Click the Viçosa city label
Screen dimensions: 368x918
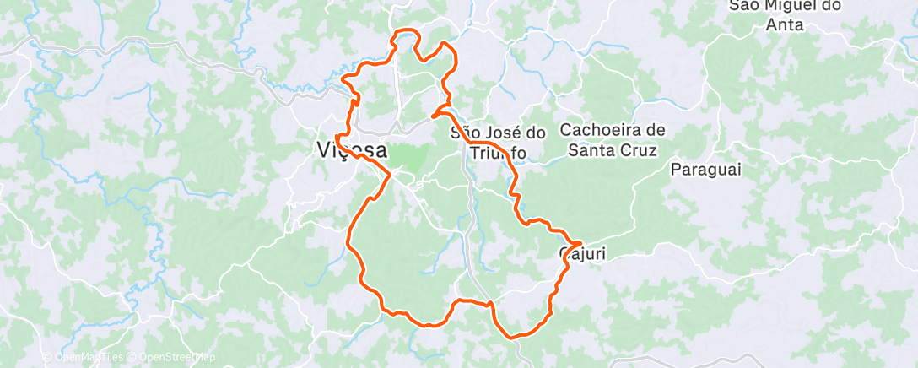352,150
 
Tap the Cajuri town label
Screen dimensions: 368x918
581,253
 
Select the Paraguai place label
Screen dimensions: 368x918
705,170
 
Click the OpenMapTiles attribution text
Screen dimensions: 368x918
87,358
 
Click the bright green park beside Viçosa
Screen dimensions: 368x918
408,156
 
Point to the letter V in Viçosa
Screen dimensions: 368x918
325,150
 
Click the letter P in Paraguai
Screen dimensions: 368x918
676,170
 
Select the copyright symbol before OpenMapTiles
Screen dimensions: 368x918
47,358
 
